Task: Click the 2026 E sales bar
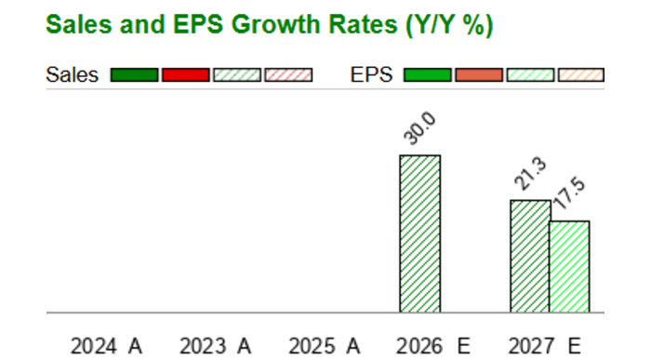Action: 420,233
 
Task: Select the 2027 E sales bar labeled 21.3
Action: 530,256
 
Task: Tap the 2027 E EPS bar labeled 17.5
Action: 569,267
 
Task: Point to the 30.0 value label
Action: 419,128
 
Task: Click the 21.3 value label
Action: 530,174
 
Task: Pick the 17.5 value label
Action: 569,193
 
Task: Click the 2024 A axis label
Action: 107,346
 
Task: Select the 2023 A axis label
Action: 216,346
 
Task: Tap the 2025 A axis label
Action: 325,346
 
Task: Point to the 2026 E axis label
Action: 433,346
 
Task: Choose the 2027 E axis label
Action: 544,346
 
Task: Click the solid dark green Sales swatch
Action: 134,75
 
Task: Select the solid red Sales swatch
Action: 186,75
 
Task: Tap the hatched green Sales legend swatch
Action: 237,75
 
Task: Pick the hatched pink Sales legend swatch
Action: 288,75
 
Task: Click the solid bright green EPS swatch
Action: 427,75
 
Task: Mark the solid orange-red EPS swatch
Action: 479,75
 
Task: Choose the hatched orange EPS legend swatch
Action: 581,75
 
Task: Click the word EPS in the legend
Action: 371,75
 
